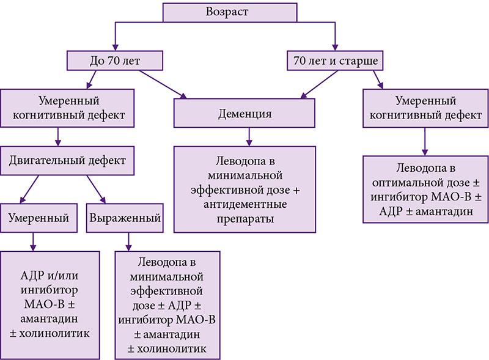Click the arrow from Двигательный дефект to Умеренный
(x=33, y=190)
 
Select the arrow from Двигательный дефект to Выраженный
(x=98, y=190)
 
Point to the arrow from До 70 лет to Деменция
(x=161, y=82)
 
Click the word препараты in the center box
(x=245, y=218)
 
